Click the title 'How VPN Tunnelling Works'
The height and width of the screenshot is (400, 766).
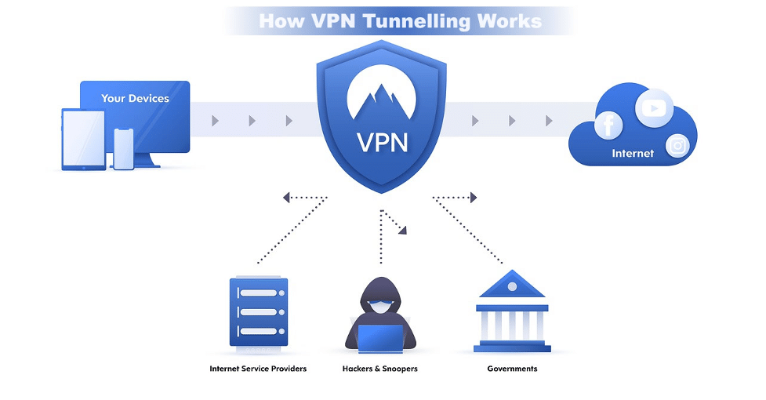click(400, 20)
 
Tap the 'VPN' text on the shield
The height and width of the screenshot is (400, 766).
click(383, 142)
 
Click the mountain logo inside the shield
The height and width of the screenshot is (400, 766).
click(383, 89)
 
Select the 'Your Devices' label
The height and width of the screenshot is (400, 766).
click(135, 99)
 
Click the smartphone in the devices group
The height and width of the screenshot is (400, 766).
click(124, 148)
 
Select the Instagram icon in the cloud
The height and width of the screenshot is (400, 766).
click(677, 145)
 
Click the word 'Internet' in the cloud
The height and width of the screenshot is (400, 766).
click(633, 154)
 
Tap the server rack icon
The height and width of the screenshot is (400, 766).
click(258, 311)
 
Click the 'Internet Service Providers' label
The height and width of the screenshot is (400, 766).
click(258, 369)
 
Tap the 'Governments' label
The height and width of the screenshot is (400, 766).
click(512, 369)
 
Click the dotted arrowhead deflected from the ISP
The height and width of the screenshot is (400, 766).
click(288, 198)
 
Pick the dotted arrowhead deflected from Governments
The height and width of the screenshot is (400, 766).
click(473, 198)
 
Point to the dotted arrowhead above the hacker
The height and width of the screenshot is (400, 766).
click(402, 230)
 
